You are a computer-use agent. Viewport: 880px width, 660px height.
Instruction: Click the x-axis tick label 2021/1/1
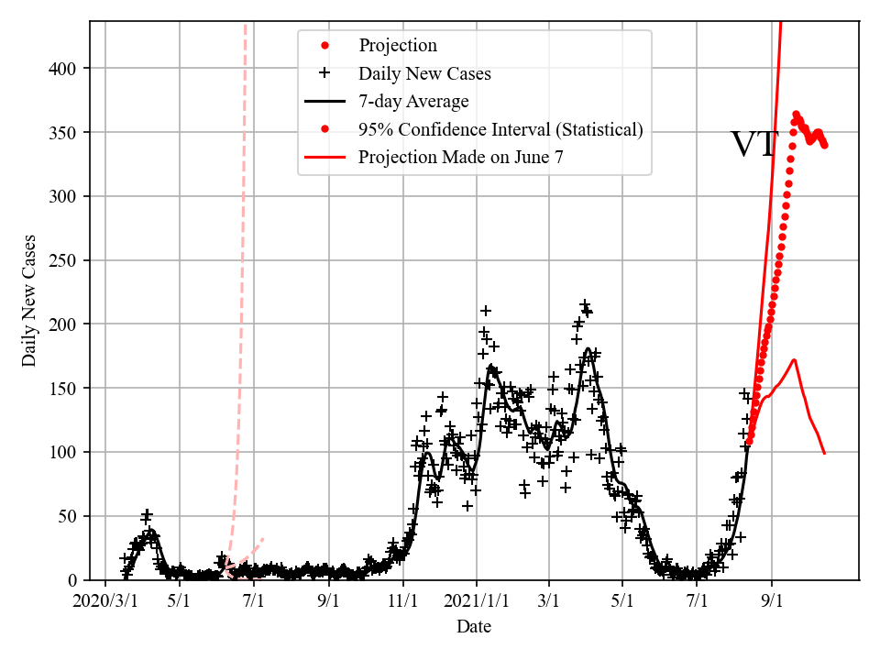pos(477,602)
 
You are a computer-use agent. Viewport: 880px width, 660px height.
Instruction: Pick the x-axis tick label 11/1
pos(403,602)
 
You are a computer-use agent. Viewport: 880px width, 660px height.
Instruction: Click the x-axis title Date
pos(474,627)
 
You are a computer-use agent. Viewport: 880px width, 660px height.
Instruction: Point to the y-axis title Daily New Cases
pos(29,301)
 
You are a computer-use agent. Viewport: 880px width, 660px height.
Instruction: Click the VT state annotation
pos(753,145)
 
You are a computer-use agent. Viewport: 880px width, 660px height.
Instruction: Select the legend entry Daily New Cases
pos(424,73)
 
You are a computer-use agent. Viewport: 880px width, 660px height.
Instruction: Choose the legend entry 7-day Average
pos(413,101)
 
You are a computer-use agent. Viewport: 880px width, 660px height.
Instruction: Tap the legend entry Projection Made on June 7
pos(460,157)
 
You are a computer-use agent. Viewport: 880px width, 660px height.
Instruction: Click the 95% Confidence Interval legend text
pos(500,129)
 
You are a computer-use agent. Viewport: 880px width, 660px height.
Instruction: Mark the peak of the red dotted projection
pos(796,114)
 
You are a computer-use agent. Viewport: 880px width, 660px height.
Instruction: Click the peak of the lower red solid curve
pos(794,360)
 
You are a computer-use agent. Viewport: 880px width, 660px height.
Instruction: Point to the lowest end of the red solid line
pos(824,453)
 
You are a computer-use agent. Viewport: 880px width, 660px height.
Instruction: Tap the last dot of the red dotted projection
pos(825,145)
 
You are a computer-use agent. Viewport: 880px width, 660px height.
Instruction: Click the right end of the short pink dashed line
pos(263,538)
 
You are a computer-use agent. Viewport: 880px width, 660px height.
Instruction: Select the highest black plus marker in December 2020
pos(486,311)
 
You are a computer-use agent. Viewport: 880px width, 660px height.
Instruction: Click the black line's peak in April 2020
pos(150,531)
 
